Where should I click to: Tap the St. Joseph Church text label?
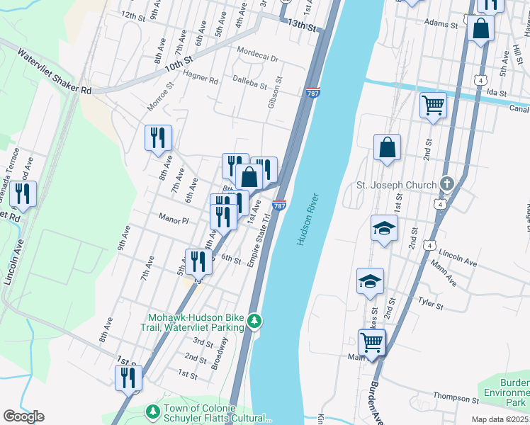395,186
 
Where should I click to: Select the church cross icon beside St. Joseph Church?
446,184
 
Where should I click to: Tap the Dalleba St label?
249,85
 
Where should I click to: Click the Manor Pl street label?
174,220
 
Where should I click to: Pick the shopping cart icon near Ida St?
432,106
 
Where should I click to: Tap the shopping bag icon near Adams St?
480,30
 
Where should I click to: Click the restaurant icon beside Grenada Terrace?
23,193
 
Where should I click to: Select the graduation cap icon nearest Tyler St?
370,280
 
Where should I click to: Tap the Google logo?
23,416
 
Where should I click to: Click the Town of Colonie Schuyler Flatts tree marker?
152,412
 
